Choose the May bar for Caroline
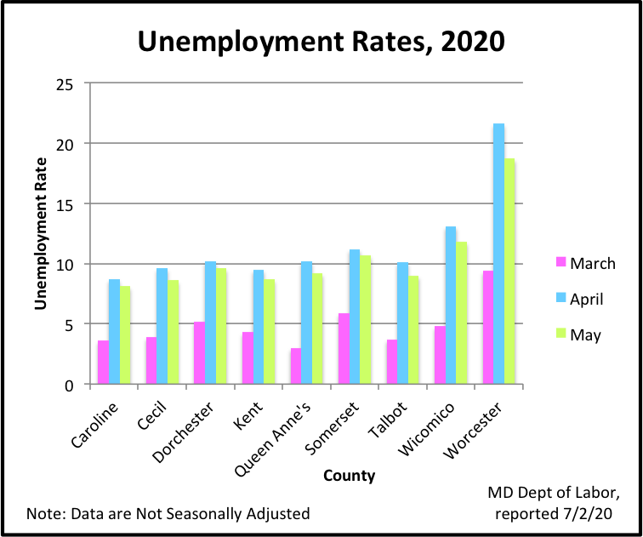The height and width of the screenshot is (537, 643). tap(125, 335)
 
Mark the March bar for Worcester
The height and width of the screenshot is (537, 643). tap(487, 328)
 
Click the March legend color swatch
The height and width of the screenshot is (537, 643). tap(559, 263)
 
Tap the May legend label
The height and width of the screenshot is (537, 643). tap(586, 334)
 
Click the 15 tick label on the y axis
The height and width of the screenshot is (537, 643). tap(65, 204)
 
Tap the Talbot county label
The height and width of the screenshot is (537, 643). tap(390, 417)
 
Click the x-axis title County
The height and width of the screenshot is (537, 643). tap(349, 476)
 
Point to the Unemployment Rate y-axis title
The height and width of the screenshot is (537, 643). tap(40, 234)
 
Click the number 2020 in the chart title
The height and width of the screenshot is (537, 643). tap(452, 40)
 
